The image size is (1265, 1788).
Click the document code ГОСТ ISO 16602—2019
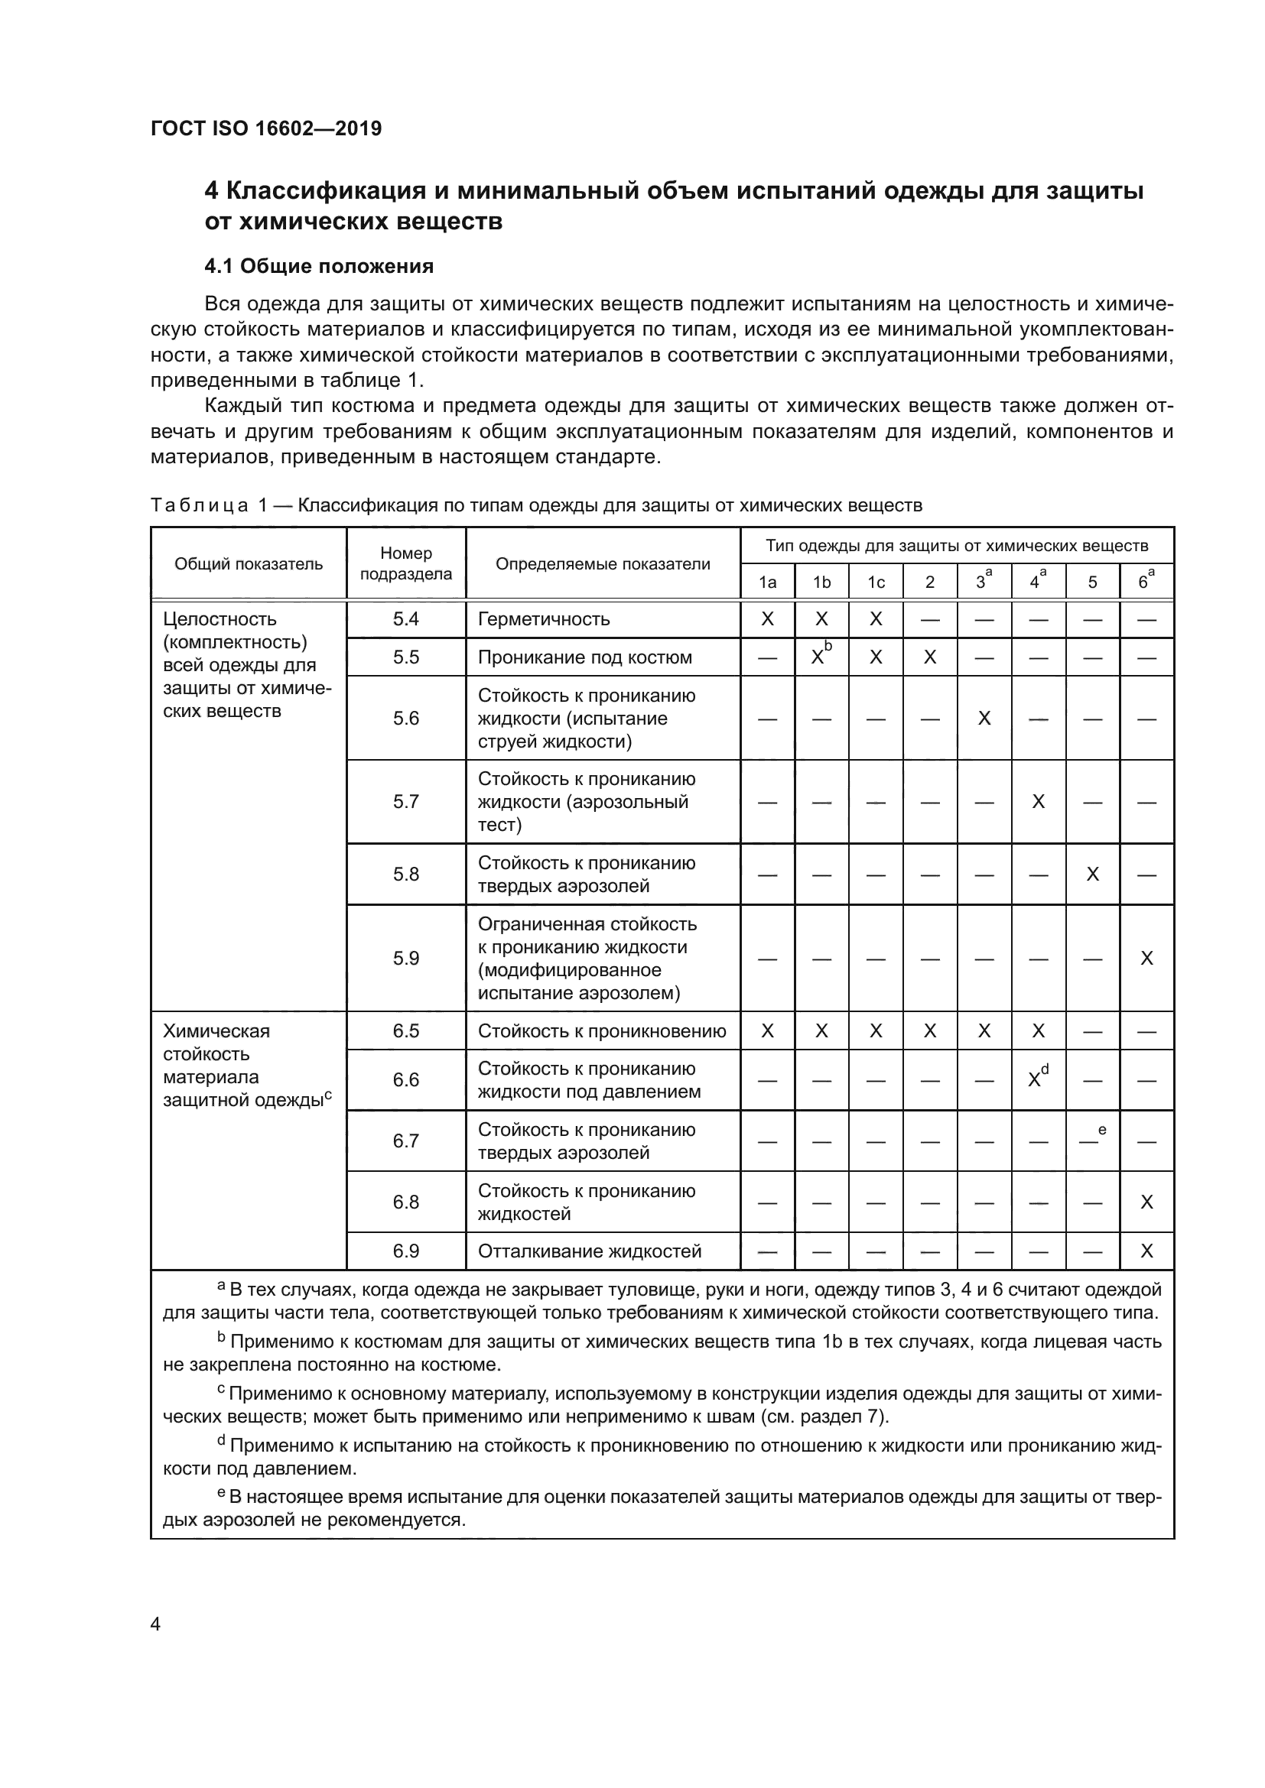(x=265, y=128)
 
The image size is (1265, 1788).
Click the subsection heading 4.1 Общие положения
(x=319, y=266)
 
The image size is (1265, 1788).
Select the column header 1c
(x=876, y=582)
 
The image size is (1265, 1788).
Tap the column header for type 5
(x=1092, y=582)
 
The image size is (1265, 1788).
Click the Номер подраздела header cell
(x=406, y=563)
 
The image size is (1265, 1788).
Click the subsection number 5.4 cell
(x=406, y=619)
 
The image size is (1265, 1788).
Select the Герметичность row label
(x=544, y=619)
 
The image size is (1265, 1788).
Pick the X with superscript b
(x=818, y=657)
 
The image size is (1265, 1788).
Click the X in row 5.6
(x=984, y=718)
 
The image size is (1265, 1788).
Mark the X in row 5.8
(x=1092, y=875)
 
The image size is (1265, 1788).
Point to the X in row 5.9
(x=1146, y=959)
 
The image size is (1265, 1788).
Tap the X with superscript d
(x=1036, y=1079)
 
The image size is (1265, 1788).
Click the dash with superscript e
(x=1090, y=1140)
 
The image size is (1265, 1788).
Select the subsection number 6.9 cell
(x=406, y=1251)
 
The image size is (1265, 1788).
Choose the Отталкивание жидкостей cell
(x=590, y=1251)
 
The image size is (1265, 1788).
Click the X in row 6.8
(x=1146, y=1202)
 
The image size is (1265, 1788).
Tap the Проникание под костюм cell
(x=584, y=657)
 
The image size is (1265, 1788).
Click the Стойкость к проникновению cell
(x=601, y=1031)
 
